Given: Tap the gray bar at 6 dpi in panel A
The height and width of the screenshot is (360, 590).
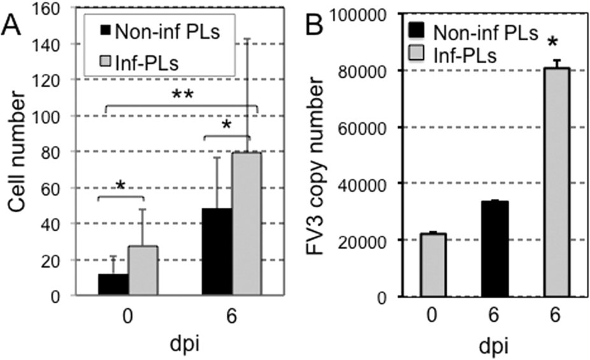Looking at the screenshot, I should [245, 224].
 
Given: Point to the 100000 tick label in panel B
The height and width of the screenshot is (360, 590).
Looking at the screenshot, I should [358, 13].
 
